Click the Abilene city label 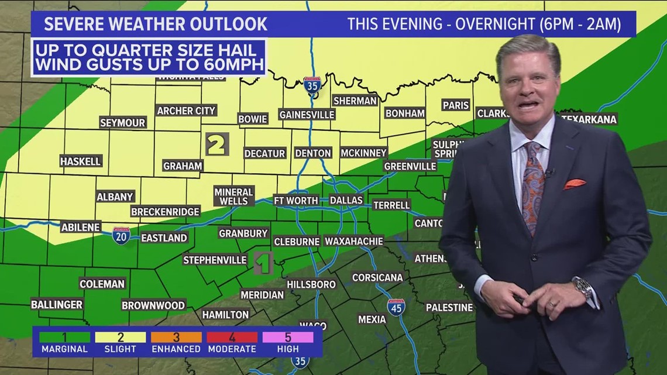click(81, 227)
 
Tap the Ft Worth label click(296, 200)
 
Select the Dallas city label click(346, 200)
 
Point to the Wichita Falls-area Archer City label click(187, 111)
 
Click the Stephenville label click(215, 260)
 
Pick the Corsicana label click(377, 277)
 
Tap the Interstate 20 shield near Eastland click(121, 236)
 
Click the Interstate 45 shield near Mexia click(396, 307)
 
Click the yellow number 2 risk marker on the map click(217, 144)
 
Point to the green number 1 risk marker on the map click(264, 263)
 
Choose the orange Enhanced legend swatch click(176, 337)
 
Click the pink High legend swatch click(288, 337)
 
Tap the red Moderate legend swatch click(232, 337)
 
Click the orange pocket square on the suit click(574, 184)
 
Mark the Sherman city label click(355, 101)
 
